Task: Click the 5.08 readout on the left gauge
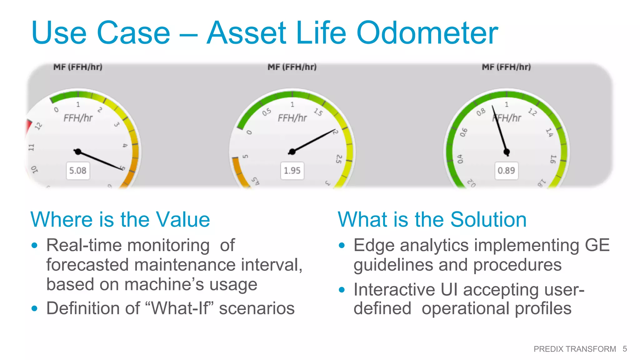78,171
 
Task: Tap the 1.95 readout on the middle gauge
292,171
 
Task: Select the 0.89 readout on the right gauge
506,171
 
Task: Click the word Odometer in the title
427,33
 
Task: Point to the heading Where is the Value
120,219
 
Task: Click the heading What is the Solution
432,219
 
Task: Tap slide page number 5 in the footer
624,349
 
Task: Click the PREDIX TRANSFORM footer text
574,349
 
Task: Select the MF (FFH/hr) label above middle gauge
292,67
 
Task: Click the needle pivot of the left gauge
78,152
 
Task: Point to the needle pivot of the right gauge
507,152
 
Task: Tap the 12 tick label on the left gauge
38,126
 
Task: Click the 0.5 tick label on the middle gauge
267,112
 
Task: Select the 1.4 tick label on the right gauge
549,132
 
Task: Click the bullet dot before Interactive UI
342,290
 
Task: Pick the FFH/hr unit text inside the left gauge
78,118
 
